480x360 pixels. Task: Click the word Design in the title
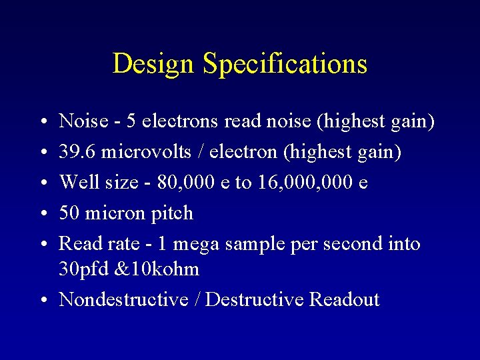154,64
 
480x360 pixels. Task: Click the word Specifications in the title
285,64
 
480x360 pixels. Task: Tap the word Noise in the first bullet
83,121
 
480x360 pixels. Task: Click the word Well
75,182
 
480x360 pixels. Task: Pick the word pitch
173,214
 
